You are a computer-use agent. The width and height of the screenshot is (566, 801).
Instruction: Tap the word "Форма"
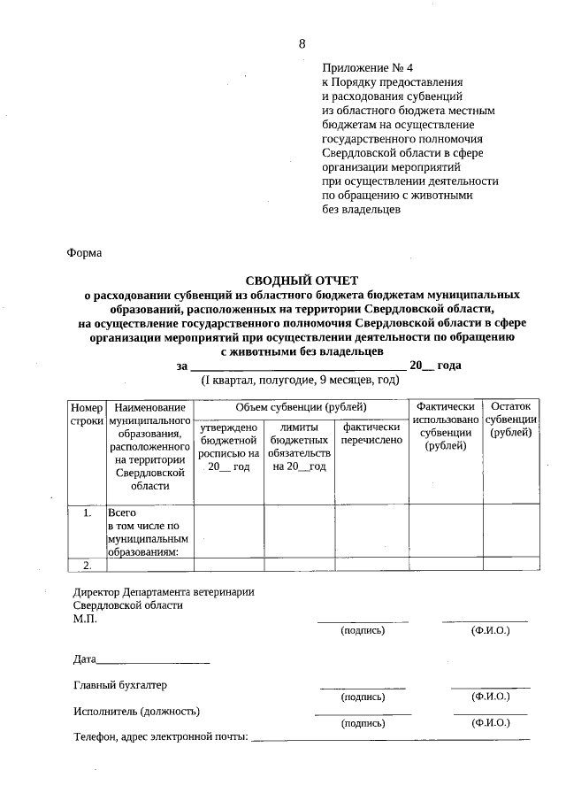click(84, 253)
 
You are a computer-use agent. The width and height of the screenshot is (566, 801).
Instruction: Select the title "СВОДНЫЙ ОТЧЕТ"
click(302, 280)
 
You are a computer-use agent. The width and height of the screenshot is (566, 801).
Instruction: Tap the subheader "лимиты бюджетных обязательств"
click(299, 446)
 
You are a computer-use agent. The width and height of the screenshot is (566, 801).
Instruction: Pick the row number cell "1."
click(87, 512)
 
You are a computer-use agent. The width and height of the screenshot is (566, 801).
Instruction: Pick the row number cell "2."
click(87, 565)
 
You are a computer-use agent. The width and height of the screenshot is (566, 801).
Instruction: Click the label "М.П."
click(85, 619)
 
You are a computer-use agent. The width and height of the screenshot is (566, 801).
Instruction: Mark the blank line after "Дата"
click(153, 661)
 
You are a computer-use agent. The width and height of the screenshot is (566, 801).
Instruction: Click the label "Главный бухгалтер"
click(120, 685)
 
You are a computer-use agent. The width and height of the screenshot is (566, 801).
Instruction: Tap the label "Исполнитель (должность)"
click(137, 711)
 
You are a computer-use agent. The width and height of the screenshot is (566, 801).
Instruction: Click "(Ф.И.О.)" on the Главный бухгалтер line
click(491, 697)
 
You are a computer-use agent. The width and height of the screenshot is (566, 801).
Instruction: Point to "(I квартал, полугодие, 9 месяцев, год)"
click(300, 380)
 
